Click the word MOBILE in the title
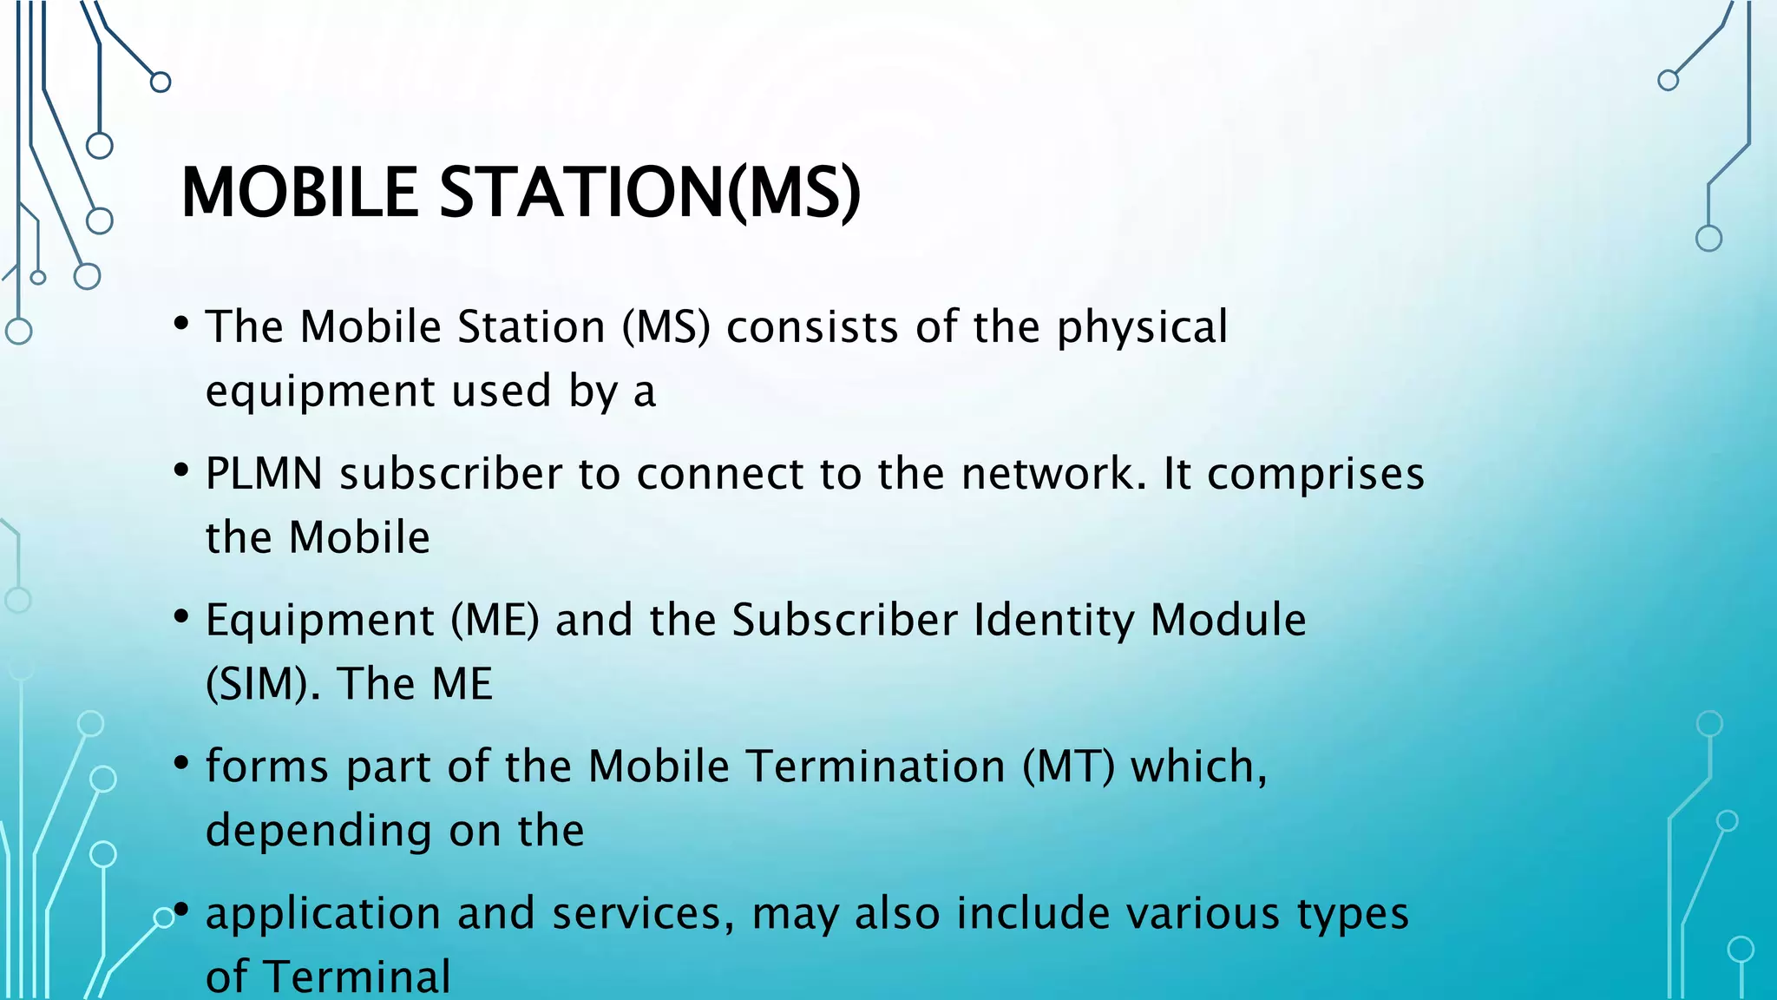[x=299, y=192]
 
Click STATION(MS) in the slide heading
[x=650, y=192]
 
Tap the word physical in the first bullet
[x=1142, y=328]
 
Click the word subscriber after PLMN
[x=451, y=474]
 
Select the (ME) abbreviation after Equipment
[x=495, y=621]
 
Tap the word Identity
[x=1054, y=622]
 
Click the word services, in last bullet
[x=643, y=914]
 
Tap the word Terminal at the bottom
[x=357, y=977]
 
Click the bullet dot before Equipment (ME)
[x=181, y=617]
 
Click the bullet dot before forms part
[x=181, y=764]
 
